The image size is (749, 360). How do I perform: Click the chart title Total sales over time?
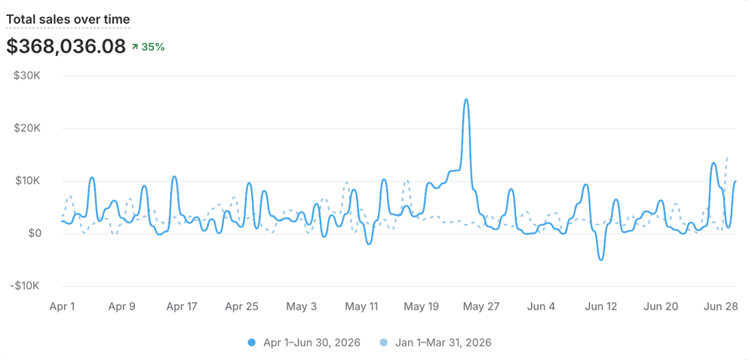[67, 20]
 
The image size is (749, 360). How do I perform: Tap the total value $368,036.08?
[66, 46]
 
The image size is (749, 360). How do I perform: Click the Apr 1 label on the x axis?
[62, 306]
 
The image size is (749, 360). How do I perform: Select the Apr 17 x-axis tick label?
[182, 306]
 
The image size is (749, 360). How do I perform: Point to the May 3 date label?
[301, 306]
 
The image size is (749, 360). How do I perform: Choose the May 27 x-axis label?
[480, 306]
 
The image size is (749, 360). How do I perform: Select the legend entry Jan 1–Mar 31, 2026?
[436, 343]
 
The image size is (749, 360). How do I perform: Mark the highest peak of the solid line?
[466, 99]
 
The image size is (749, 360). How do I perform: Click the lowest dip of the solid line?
[601, 260]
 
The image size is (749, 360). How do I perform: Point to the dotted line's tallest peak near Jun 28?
[727, 157]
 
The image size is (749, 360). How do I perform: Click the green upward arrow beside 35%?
[135, 47]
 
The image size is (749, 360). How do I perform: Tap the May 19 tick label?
[421, 306]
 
